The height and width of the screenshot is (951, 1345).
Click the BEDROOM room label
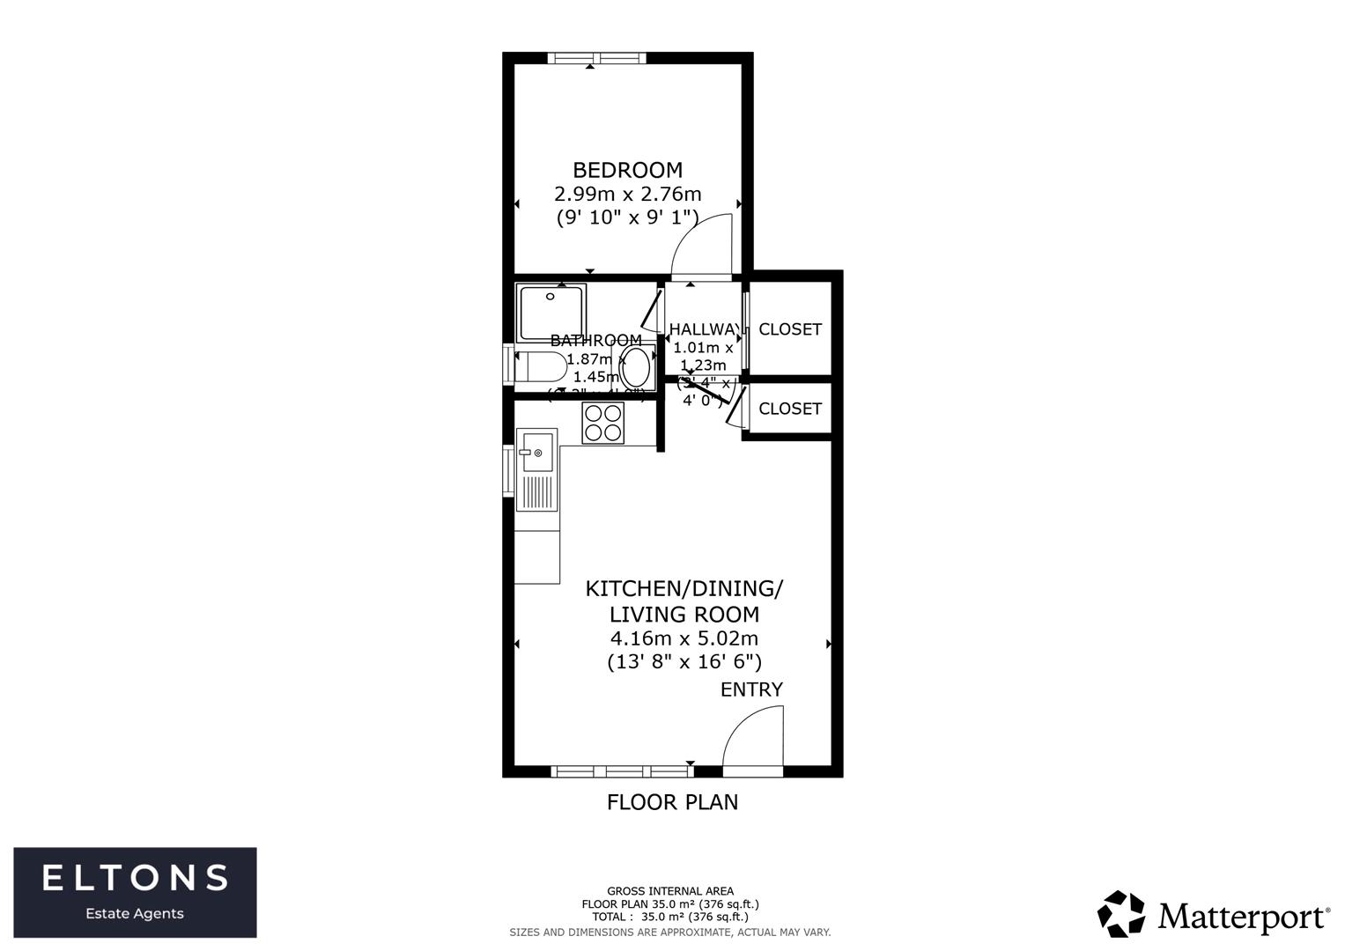(x=627, y=170)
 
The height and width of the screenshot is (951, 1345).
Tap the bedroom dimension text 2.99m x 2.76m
(x=627, y=194)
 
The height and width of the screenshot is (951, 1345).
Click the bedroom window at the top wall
(x=596, y=58)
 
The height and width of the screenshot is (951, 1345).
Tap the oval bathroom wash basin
(x=637, y=367)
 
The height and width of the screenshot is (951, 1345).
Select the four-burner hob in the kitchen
(x=603, y=423)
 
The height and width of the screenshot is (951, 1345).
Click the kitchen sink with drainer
(x=536, y=470)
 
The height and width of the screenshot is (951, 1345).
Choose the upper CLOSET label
(x=790, y=329)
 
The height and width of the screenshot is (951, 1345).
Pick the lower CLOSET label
(x=790, y=409)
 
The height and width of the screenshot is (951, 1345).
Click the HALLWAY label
(x=704, y=329)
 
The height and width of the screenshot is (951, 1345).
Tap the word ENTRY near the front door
(x=751, y=689)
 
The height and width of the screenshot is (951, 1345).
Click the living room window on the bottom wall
(x=622, y=771)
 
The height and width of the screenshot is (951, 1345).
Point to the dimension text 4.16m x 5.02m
(x=684, y=638)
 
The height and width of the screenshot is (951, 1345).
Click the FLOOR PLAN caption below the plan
(x=672, y=802)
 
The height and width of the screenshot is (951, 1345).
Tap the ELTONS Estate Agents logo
(x=135, y=892)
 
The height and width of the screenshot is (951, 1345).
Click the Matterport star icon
(x=1121, y=914)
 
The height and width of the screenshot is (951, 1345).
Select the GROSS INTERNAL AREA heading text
(x=670, y=891)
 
